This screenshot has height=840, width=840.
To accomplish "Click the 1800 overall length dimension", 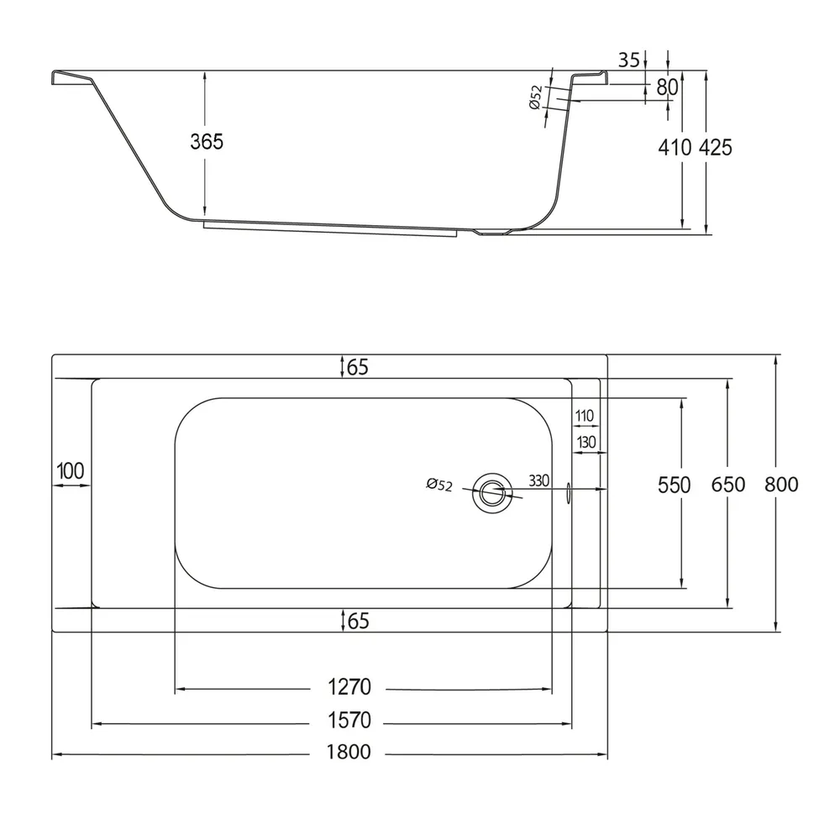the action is click(x=349, y=752).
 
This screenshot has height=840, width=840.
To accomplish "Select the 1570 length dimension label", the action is click(x=349, y=721).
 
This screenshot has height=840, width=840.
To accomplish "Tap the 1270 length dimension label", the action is click(x=349, y=687).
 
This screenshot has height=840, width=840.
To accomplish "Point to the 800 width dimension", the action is click(x=781, y=485).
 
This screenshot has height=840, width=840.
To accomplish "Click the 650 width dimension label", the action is click(x=728, y=485).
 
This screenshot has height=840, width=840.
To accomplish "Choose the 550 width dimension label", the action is click(x=674, y=486).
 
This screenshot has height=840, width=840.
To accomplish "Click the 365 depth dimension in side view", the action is click(x=207, y=141).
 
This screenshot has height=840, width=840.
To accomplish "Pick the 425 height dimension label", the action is click(x=715, y=147).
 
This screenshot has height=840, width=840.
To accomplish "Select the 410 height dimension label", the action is click(x=675, y=147).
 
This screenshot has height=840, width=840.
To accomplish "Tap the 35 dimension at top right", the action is click(x=629, y=60).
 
